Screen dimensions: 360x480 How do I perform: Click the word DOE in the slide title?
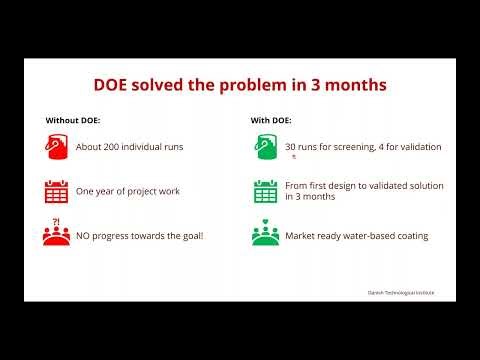pos(112,85)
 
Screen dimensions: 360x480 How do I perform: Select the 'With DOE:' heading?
pos(270,120)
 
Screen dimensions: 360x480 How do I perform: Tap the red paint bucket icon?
pos(56,147)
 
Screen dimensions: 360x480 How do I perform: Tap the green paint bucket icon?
pos(265,147)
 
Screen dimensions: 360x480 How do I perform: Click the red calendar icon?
pos(56,191)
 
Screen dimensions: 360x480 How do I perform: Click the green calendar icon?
pos(265,191)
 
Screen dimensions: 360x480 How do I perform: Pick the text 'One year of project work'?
pos(128,191)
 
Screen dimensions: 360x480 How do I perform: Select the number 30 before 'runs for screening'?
pos(291,147)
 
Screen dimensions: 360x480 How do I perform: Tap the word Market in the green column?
pos(300,236)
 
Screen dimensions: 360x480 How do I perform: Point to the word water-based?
pos(368,236)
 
